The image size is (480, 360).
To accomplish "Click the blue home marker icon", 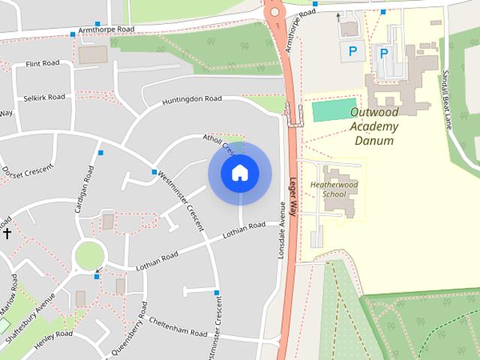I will [240, 173].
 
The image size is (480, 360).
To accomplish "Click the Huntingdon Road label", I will [193, 100].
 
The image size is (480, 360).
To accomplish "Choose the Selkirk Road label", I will [43, 97].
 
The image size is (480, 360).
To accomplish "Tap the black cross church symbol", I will [7, 233].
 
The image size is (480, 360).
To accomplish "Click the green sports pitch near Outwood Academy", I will [330, 109].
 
